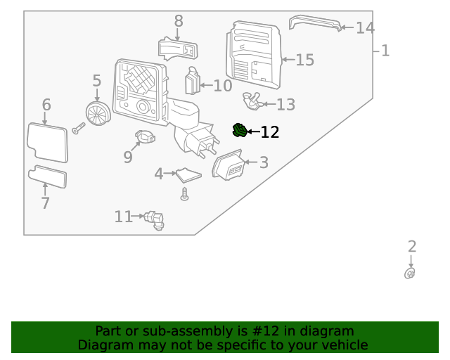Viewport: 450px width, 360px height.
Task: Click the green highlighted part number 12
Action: pos(240,130)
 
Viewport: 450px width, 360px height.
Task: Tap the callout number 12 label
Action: pos(270,132)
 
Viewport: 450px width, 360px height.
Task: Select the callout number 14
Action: pos(365,28)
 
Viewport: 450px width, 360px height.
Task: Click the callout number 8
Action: pos(178,21)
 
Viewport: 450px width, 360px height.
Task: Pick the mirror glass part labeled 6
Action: pos(47,143)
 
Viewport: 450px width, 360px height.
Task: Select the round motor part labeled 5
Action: pos(97,112)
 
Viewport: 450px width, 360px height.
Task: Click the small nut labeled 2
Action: pos(410,274)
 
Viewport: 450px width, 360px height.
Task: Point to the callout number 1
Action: pos(385,51)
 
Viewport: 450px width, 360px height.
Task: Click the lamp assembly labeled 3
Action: pos(229,167)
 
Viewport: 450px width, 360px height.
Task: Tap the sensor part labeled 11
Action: pos(154,220)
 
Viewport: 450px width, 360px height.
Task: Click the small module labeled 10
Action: pos(192,82)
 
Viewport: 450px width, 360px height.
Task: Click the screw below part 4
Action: pos(185,194)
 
